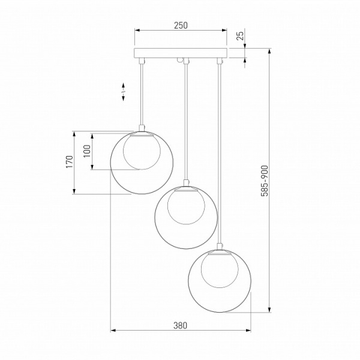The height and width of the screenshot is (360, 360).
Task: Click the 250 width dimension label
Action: coord(181,25)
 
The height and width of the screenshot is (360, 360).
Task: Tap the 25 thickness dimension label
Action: coord(240,36)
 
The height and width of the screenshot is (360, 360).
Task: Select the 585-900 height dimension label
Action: coord(265,181)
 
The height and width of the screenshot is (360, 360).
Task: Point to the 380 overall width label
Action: coord(180,325)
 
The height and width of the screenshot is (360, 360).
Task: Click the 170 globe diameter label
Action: coord(70,161)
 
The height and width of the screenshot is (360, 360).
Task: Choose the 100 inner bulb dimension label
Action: coord(87,151)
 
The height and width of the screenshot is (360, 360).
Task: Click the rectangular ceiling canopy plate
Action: coord(181,53)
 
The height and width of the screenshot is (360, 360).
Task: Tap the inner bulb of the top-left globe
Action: coord(142,152)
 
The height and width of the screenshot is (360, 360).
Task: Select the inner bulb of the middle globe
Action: coord(186,207)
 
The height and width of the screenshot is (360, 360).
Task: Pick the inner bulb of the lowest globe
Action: coord(220,270)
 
